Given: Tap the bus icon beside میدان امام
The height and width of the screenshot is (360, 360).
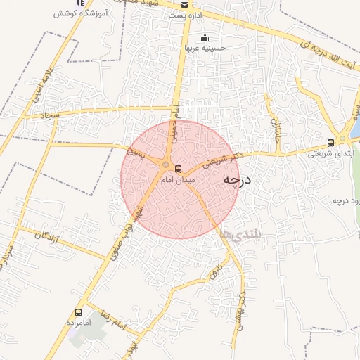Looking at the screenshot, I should click(x=177, y=169).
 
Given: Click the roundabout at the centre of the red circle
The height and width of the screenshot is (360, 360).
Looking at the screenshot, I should click(x=166, y=166).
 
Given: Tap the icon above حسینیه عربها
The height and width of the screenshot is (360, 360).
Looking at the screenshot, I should click(x=205, y=38).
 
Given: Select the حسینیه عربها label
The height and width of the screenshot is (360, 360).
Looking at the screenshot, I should click(x=203, y=49).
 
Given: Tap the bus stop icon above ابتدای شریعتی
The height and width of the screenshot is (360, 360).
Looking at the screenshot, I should click(x=331, y=142).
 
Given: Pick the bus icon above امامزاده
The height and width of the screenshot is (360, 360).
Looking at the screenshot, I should click(x=78, y=312).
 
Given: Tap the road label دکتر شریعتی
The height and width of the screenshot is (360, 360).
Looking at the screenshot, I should click(x=221, y=158).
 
